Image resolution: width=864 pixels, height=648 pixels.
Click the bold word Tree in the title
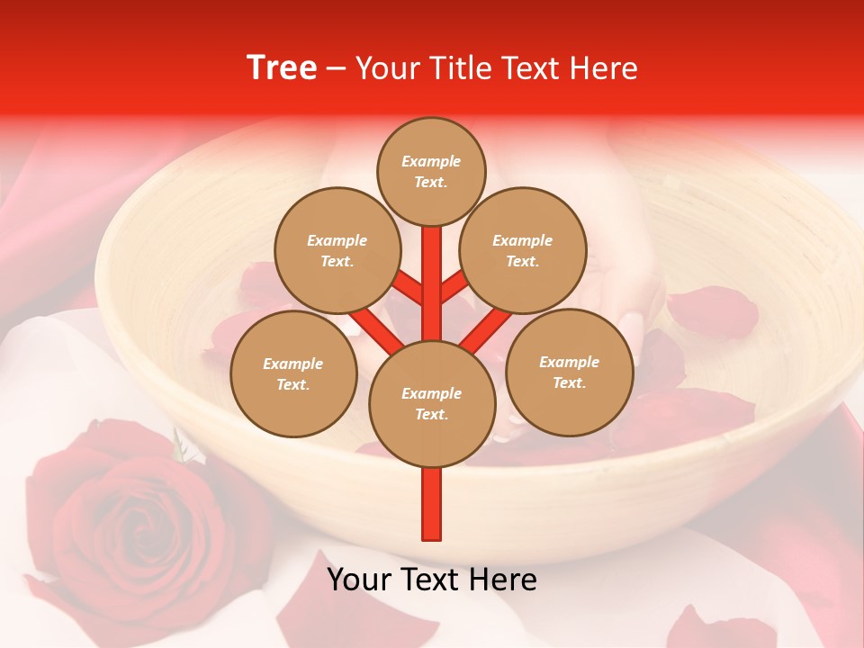[282, 68]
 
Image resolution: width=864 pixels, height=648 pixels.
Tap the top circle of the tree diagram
[431, 171]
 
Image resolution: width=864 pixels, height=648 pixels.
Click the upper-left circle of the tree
[337, 250]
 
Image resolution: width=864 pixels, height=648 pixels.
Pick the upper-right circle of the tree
[522, 250]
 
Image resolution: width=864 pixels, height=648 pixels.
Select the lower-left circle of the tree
[293, 373]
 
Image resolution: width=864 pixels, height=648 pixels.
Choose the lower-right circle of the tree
[569, 372]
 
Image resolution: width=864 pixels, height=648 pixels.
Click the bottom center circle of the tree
[431, 403]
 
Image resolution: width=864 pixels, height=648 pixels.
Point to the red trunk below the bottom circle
[432, 504]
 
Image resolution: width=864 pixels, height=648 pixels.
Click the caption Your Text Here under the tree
[431, 580]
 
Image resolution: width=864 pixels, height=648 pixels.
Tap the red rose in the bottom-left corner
[135, 513]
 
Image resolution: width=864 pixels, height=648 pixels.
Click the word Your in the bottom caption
[357, 580]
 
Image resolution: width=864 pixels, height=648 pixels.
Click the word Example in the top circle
[431, 161]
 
